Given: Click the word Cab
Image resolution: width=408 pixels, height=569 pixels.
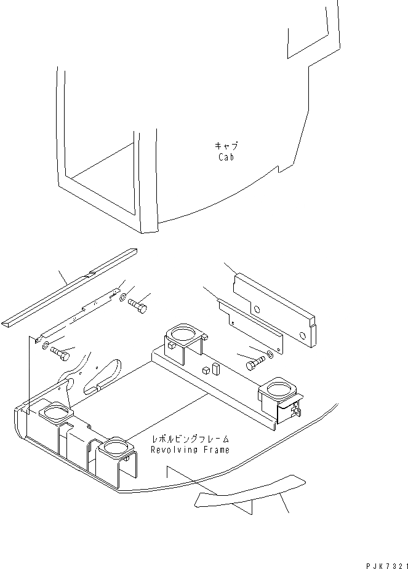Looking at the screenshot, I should (x=226, y=157).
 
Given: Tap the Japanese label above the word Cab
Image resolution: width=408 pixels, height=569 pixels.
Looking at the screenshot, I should (x=226, y=146).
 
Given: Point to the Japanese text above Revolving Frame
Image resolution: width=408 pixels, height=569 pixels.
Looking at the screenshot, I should (x=191, y=440).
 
